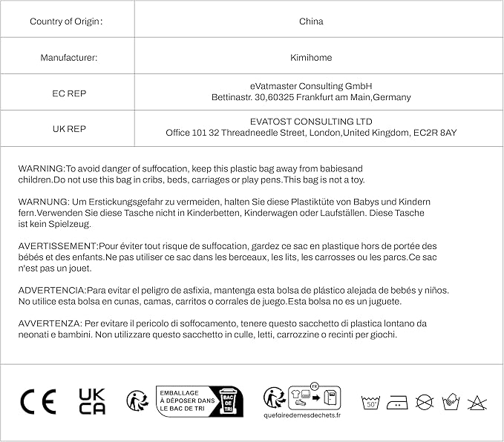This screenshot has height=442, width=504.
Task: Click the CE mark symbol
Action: [x=38, y=401]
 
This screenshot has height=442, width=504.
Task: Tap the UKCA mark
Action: [x=92, y=401]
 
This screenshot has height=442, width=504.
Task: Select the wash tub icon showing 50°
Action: [x=371, y=402]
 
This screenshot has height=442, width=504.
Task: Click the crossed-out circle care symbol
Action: [x=425, y=402]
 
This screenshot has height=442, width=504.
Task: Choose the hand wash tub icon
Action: [x=451, y=402]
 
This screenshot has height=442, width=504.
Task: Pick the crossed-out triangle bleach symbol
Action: [x=477, y=403]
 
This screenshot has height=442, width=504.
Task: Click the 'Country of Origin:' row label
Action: [x=66, y=22]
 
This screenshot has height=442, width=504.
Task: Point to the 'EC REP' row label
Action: [x=67, y=93]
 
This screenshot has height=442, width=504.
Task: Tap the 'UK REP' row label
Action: [x=67, y=128]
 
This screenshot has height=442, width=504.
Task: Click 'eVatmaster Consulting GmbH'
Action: [x=310, y=86]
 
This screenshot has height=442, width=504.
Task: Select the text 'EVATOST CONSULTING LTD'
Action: [x=310, y=122]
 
